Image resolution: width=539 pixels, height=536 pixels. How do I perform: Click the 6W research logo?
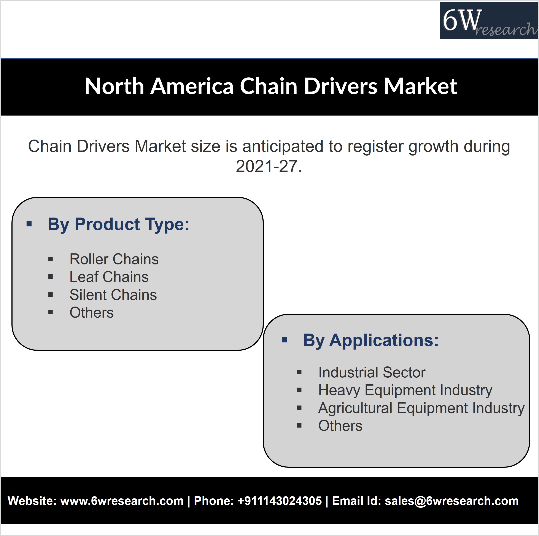(489, 20)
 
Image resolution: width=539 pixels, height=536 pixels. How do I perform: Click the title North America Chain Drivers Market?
(271, 86)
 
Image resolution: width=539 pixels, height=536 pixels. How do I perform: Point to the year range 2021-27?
(269, 166)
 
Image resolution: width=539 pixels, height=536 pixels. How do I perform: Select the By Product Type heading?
(118, 224)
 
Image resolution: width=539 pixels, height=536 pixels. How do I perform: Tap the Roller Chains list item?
(114, 259)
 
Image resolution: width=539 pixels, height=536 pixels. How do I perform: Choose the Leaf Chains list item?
(109, 277)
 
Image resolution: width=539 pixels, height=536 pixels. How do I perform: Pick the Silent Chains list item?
(113, 295)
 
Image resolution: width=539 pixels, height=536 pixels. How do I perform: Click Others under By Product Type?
(92, 312)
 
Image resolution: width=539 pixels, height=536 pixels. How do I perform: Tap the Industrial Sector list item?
(372, 372)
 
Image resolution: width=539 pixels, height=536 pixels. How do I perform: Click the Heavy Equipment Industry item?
(405, 390)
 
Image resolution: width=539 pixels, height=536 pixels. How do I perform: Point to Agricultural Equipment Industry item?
(421, 408)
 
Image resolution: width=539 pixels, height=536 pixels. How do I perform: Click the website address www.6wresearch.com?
(122, 501)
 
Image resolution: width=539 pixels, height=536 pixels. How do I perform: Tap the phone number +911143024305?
(280, 501)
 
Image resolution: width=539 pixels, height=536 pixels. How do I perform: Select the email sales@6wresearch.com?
(452, 501)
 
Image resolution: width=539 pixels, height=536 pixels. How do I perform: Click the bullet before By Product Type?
(29, 224)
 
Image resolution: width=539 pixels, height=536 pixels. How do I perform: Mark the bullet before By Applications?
(285, 340)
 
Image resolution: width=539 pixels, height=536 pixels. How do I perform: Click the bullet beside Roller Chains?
(51, 259)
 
